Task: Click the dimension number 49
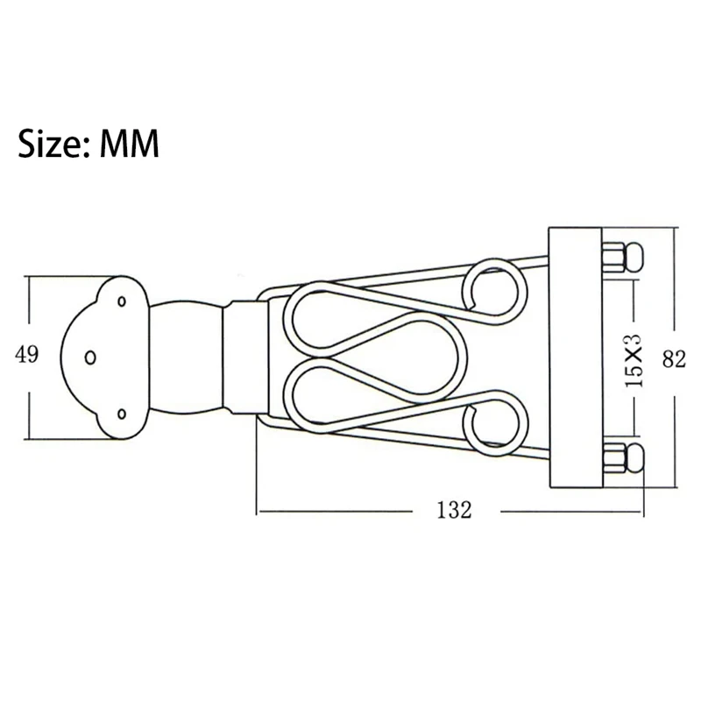(x=27, y=354)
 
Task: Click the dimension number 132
(x=453, y=510)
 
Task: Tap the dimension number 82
(x=674, y=358)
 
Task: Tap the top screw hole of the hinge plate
(x=122, y=301)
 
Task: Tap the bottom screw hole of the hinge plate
(x=122, y=413)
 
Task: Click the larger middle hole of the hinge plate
(x=90, y=357)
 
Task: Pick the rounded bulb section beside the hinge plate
(x=184, y=357)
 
